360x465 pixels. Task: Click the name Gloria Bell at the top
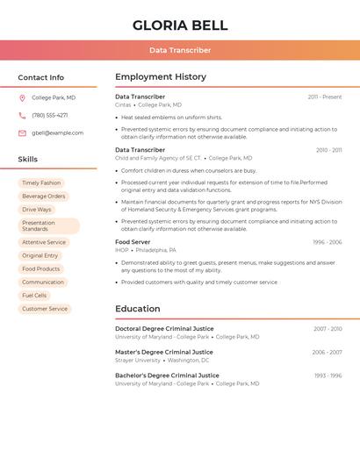pyautogui.click(x=180, y=25)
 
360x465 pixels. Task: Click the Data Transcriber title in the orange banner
pyautogui.click(x=180, y=50)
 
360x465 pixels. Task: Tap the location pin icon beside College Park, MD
pyautogui.click(x=22, y=97)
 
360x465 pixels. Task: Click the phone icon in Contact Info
pyautogui.click(x=22, y=115)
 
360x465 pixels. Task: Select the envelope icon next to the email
pyautogui.click(x=22, y=133)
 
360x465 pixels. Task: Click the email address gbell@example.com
pyautogui.click(x=58, y=133)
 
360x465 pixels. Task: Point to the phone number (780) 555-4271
pyautogui.click(x=50, y=115)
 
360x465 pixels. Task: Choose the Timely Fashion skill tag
pyautogui.click(x=41, y=183)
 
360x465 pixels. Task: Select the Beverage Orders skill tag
pyautogui.click(x=44, y=197)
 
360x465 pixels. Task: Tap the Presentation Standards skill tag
pyautogui.click(x=48, y=225)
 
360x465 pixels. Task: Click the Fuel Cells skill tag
pyautogui.click(x=34, y=296)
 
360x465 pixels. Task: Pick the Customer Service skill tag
pyautogui.click(x=45, y=309)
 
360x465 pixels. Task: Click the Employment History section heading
pyautogui.click(x=161, y=77)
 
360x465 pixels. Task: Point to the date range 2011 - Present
pyautogui.click(x=325, y=97)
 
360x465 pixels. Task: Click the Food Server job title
pyautogui.click(x=133, y=241)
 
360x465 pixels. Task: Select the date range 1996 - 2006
pyautogui.click(x=327, y=241)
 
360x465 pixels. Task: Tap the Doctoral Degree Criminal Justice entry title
pyautogui.click(x=164, y=329)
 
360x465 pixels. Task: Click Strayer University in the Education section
pyautogui.click(x=138, y=360)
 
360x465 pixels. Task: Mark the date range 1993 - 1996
pyautogui.click(x=328, y=376)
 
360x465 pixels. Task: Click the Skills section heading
pyautogui.click(x=28, y=160)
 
